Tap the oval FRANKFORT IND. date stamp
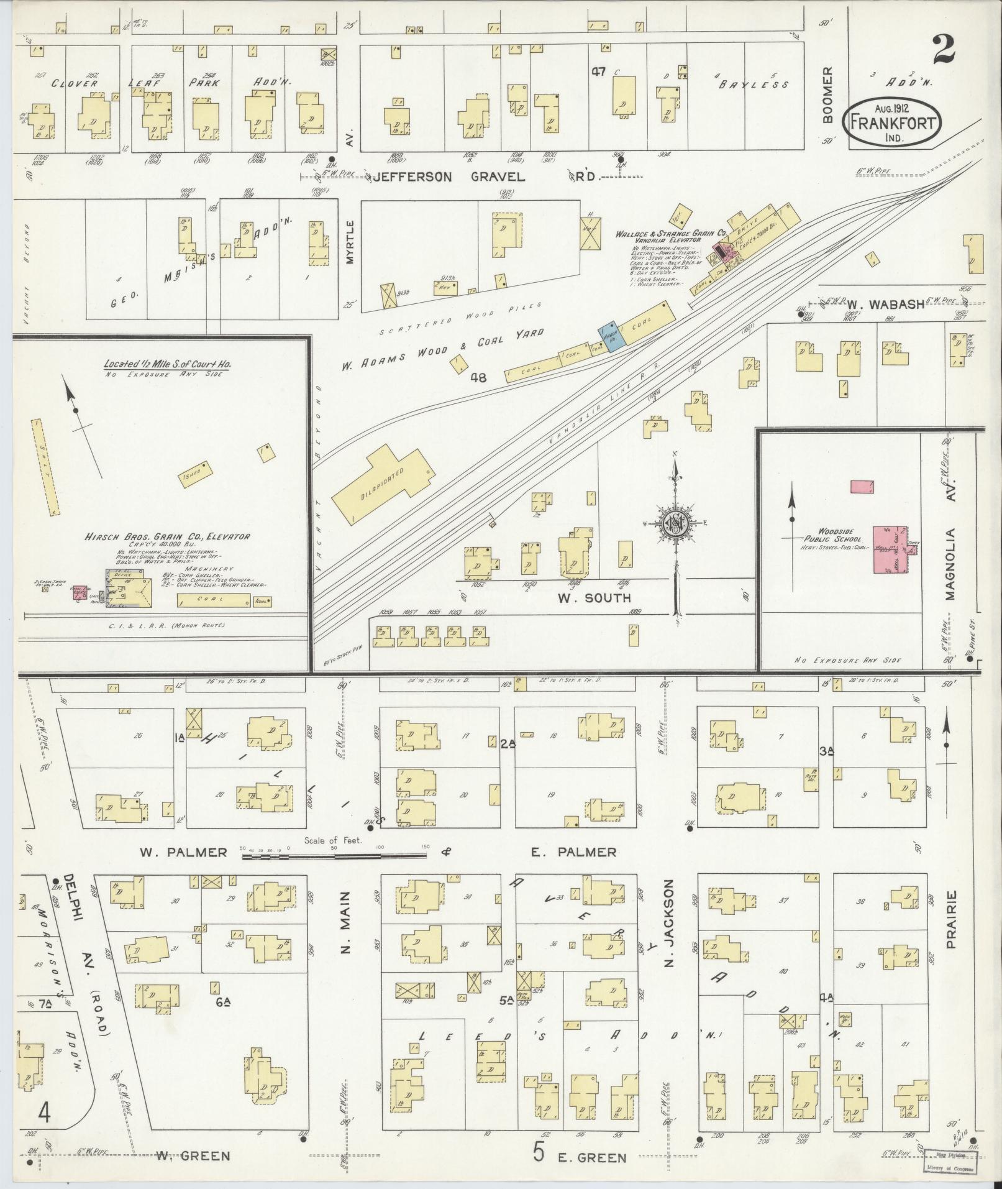[x=891, y=123]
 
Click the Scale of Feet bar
[x=334, y=856]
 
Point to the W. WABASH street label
[x=874, y=305]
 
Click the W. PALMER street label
[x=183, y=852]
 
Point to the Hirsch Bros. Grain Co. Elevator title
[x=168, y=536]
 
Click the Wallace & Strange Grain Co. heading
[x=670, y=234]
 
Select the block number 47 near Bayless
[x=598, y=72]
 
